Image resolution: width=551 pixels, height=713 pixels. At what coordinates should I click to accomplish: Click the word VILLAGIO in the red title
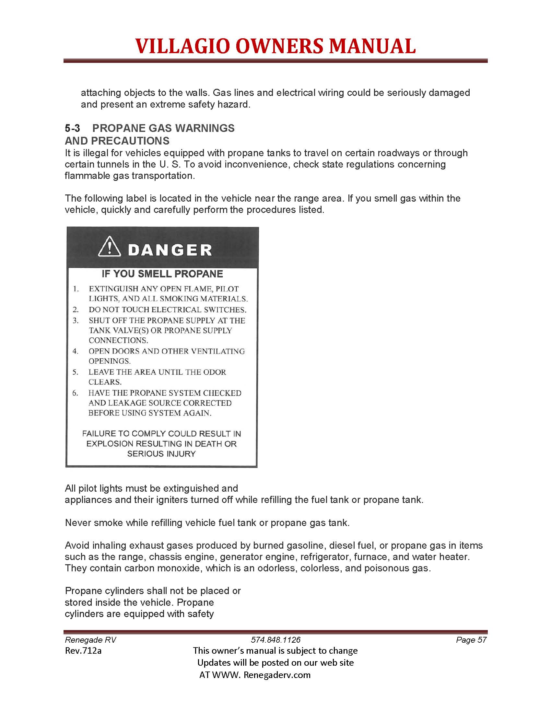click(182, 46)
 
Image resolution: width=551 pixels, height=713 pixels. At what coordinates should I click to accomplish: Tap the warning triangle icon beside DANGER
click(110, 247)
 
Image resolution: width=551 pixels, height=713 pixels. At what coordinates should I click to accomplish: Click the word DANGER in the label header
click(170, 251)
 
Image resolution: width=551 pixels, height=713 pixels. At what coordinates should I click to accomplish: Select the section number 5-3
click(73, 128)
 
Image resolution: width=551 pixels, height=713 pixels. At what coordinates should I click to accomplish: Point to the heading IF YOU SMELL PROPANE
click(162, 274)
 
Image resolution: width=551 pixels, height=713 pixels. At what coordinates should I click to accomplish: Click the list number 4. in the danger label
click(76, 351)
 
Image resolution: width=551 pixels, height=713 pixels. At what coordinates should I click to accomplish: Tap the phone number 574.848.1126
click(275, 640)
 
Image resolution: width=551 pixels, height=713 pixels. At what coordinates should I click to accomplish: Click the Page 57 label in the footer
click(471, 640)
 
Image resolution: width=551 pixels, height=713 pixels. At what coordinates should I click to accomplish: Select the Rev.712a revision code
click(83, 651)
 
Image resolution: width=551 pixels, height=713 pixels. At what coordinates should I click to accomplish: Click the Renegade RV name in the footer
click(90, 640)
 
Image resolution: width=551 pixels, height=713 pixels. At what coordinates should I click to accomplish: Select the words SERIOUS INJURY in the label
click(161, 454)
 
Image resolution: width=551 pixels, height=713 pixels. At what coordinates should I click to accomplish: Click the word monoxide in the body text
click(180, 568)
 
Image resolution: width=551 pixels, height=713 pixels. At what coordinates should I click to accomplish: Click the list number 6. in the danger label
click(76, 393)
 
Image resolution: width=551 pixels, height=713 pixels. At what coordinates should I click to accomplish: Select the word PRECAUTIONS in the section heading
click(130, 141)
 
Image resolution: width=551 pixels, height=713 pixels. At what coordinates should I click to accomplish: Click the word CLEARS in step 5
click(105, 382)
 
